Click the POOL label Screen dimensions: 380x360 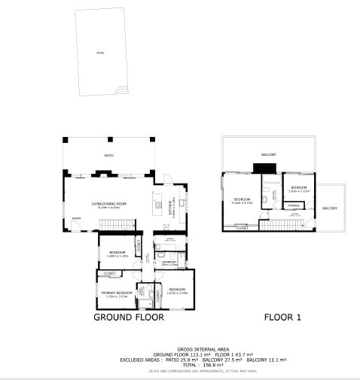point(101,53)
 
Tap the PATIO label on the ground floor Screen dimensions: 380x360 point(108,154)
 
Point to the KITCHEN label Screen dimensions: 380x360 point(172,204)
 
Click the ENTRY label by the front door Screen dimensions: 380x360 point(76,219)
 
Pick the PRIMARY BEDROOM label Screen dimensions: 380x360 point(117,293)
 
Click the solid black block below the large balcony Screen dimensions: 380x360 point(264,168)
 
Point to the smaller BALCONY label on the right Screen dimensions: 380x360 point(330,208)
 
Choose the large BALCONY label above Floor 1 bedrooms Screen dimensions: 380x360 point(269,154)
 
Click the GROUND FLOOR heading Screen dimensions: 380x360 point(128,318)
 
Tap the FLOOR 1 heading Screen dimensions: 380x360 point(282,318)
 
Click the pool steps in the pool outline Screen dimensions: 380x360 point(121,90)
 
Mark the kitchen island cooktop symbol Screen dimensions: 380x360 point(157,202)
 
